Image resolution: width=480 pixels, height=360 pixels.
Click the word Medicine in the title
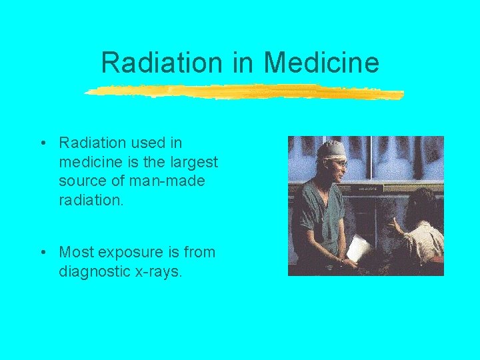(321, 63)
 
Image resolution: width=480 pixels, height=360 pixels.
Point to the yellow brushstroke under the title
(244, 92)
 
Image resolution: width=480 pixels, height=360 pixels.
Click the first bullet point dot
(42, 143)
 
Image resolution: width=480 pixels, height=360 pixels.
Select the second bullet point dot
(42, 253)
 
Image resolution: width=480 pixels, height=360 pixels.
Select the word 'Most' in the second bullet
(75, 252)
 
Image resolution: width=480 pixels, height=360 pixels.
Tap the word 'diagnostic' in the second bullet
(91, 271)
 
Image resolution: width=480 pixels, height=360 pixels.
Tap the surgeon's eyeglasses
(341, 162)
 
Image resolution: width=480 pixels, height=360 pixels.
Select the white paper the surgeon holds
(359, 247)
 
